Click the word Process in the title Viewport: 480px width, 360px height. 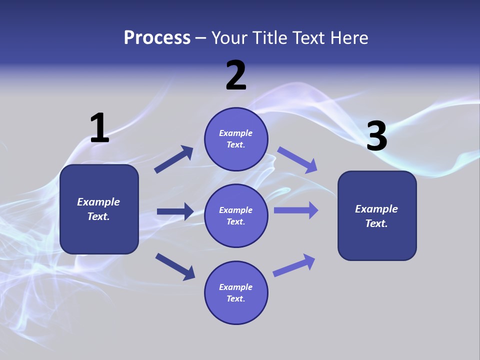157,38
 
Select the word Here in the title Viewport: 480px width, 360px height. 348,38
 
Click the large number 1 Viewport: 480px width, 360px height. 99,128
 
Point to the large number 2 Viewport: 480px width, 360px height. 236,76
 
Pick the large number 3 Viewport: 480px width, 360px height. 376,136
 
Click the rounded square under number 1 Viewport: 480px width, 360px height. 99,209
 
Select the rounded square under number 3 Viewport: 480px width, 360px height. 377,215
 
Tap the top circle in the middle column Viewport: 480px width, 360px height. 236,139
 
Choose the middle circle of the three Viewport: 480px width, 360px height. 236,215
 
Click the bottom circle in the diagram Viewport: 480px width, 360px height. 236,292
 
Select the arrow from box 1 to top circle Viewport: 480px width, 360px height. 174,159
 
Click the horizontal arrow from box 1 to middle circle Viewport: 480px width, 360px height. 175,211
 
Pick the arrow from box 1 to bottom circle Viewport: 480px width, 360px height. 175,266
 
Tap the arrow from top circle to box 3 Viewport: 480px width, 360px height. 297,159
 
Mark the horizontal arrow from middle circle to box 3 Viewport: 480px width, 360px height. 296,210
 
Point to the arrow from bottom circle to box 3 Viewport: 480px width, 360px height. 294,265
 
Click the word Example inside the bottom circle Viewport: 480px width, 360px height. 236,287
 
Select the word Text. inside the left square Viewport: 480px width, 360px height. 98,216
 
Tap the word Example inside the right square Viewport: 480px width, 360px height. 376,209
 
